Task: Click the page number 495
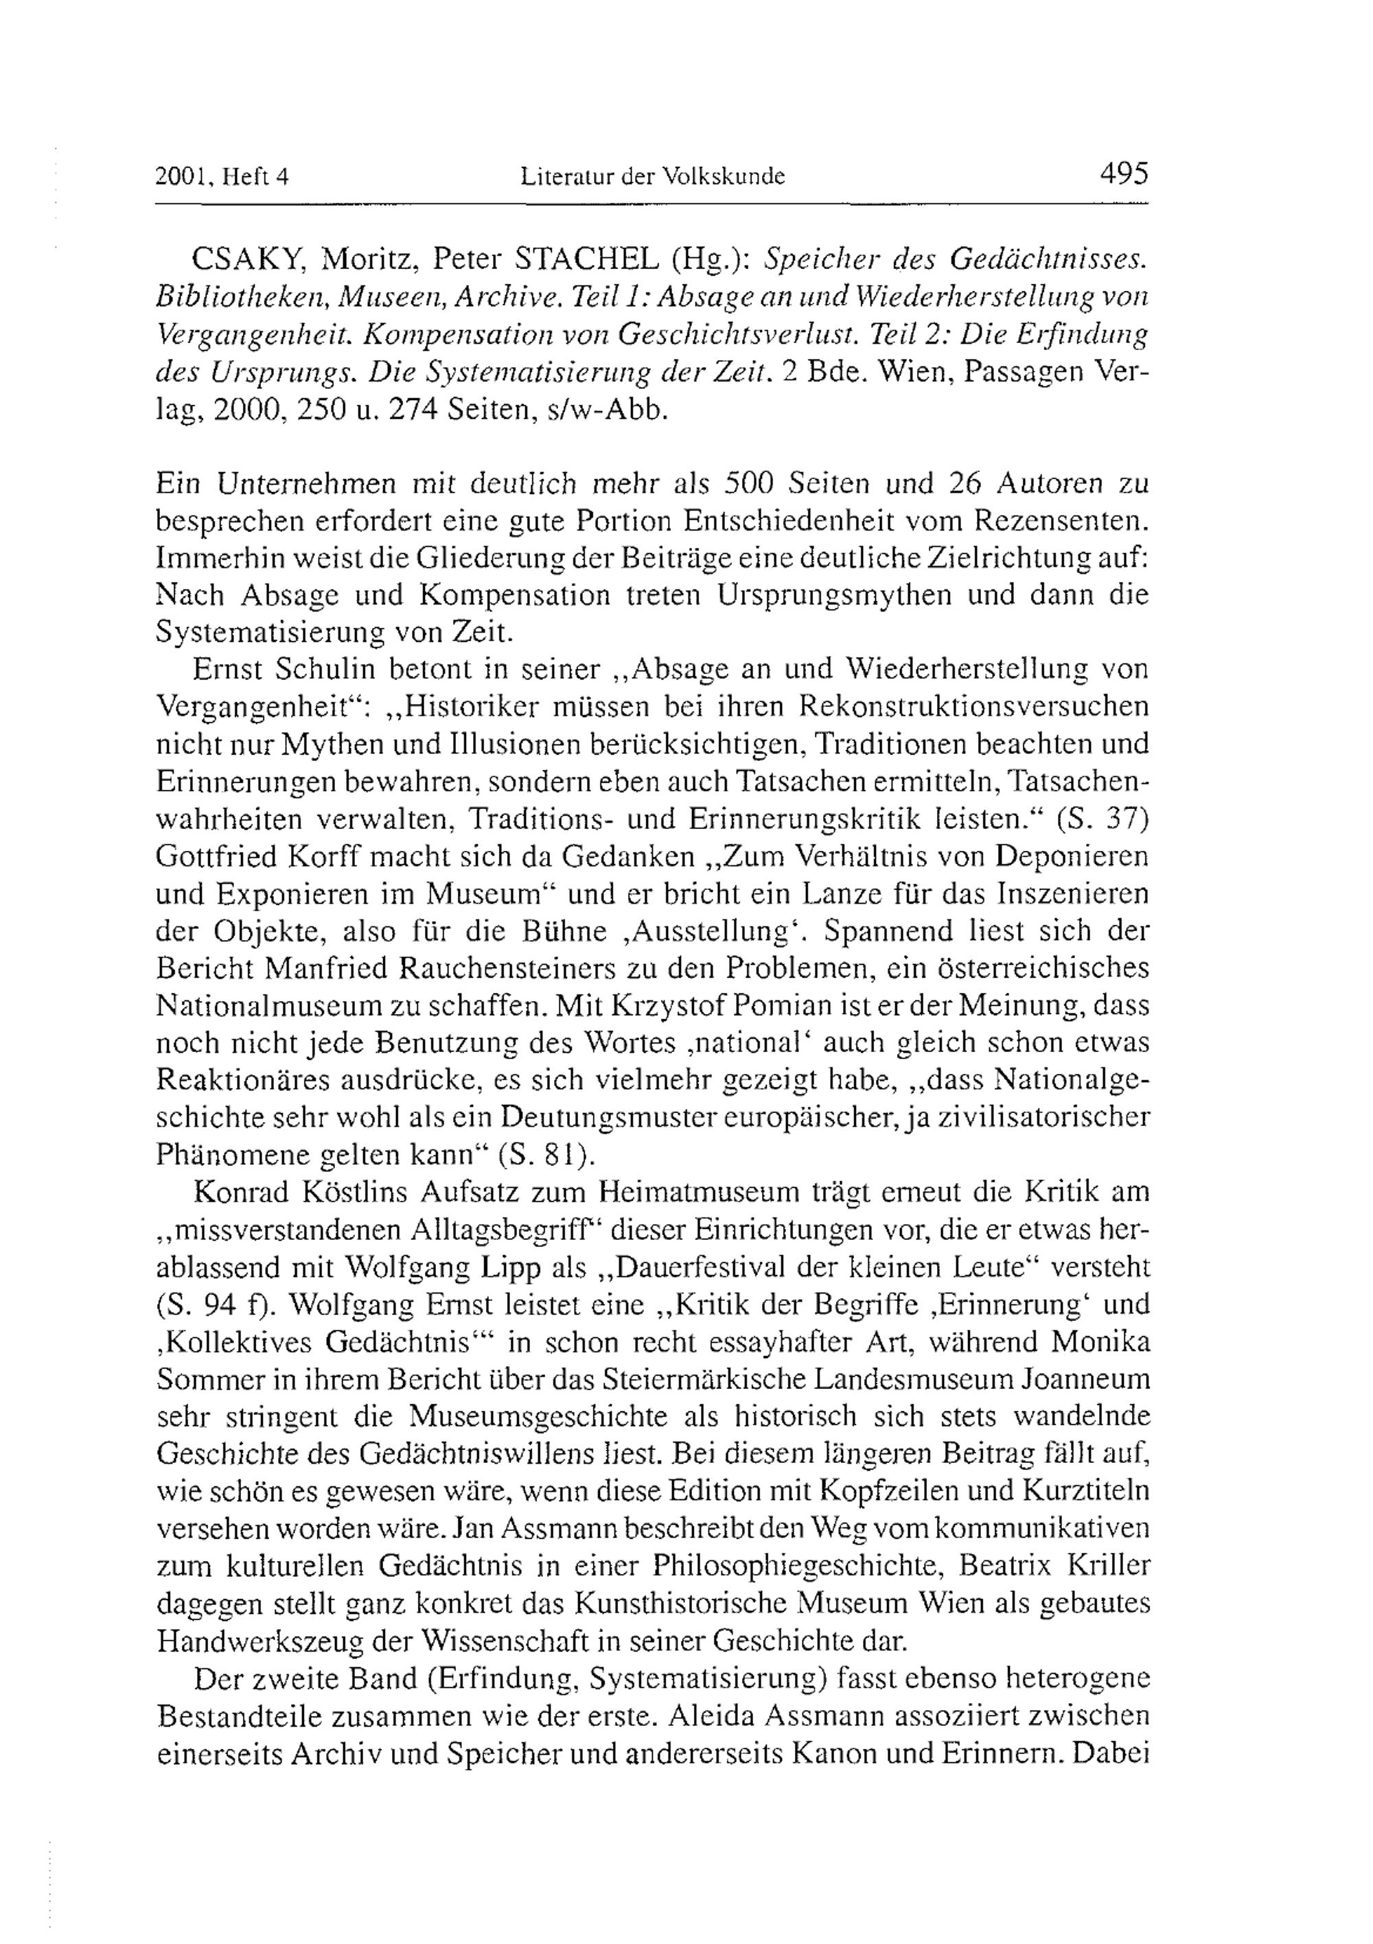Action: click(1123, 174)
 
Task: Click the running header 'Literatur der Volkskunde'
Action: click(652, 176)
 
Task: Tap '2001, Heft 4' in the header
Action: click(222, 177)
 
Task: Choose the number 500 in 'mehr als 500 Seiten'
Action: click(748, 484)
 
